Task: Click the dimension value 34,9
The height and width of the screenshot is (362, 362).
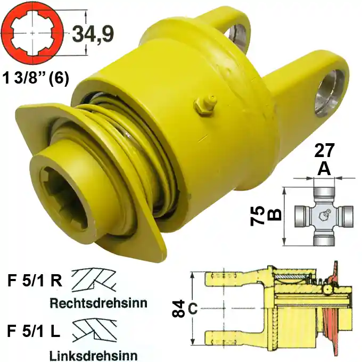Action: pos(93,35)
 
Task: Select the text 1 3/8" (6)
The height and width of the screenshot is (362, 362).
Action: pos(36,79)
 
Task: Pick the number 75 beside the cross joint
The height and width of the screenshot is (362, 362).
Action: pos(258,216)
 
